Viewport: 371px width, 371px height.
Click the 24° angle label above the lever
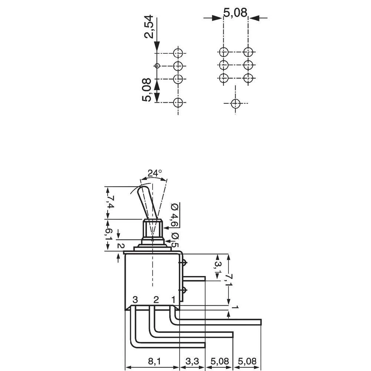[x=154, y=173]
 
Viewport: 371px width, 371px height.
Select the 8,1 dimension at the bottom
[x=152, y=361]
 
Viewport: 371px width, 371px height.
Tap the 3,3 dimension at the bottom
[x=193, y=361]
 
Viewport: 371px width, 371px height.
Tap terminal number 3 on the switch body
[x=135, y=299]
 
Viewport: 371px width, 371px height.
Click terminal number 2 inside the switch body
[x=156, y=299]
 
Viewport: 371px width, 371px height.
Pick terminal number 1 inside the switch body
[x=173, y=299]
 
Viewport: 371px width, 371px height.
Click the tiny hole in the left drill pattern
[x=157, y=66]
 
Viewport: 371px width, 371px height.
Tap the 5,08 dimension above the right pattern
[x=235, y=13]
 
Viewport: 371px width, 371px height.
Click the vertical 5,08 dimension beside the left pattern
[x=147, y=90]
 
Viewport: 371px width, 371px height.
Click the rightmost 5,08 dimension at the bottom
[x=247, y=361]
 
